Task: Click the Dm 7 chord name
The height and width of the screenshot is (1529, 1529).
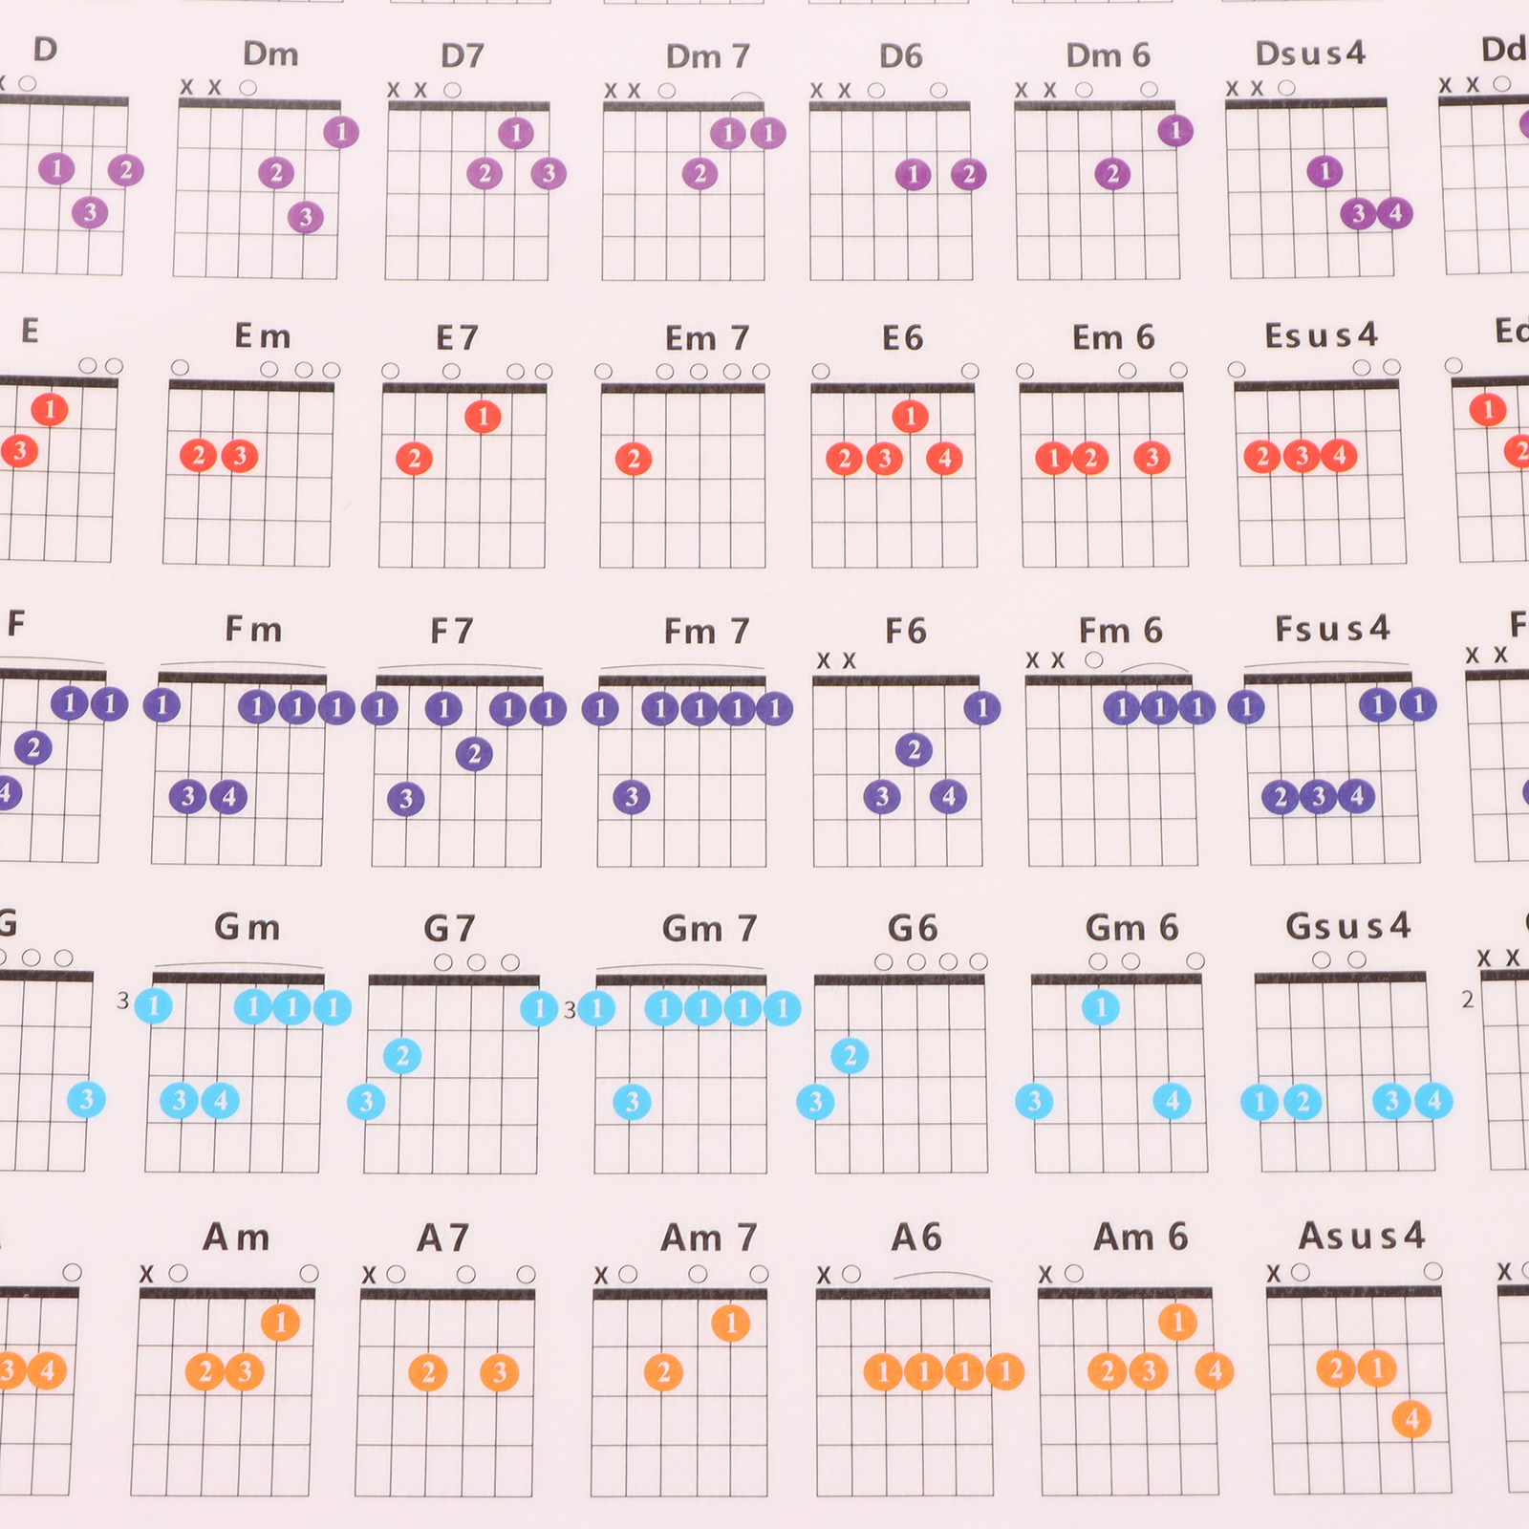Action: point(707,56)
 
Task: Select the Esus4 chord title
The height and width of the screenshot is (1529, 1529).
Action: point(1321,335)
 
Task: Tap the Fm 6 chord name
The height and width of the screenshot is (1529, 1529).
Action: point(1120,631)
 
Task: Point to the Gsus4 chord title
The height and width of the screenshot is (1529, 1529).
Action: point(1347,926)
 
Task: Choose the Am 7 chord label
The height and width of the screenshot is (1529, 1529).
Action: point(708,1238)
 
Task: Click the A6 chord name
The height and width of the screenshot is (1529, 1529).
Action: point(915,1238)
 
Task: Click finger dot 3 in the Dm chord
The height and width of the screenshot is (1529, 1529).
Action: point(306,217)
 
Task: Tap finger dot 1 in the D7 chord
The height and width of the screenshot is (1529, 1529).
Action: point(516,133)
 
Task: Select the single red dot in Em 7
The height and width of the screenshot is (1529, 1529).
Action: point(634,460)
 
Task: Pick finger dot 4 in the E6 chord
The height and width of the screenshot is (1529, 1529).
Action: point(944,459)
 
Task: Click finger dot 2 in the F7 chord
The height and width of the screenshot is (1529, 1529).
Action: point(474,754)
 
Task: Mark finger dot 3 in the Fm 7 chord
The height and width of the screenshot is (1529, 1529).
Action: point(631,797)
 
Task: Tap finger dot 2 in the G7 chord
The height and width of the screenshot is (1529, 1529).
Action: point(402,1056)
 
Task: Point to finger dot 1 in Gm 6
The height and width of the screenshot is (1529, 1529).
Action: point(1101,1006)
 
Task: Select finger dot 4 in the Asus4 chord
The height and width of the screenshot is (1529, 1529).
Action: point(1412,1419)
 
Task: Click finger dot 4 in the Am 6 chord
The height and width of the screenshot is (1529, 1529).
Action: point(1215,1371)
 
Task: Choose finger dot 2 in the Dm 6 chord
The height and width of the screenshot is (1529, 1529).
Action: point(1112,174)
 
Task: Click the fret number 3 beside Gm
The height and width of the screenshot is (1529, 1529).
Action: point(122,1001)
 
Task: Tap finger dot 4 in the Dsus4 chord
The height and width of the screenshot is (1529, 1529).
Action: point(1395,213)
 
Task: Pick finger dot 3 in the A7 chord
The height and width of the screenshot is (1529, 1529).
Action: point(499,1373)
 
